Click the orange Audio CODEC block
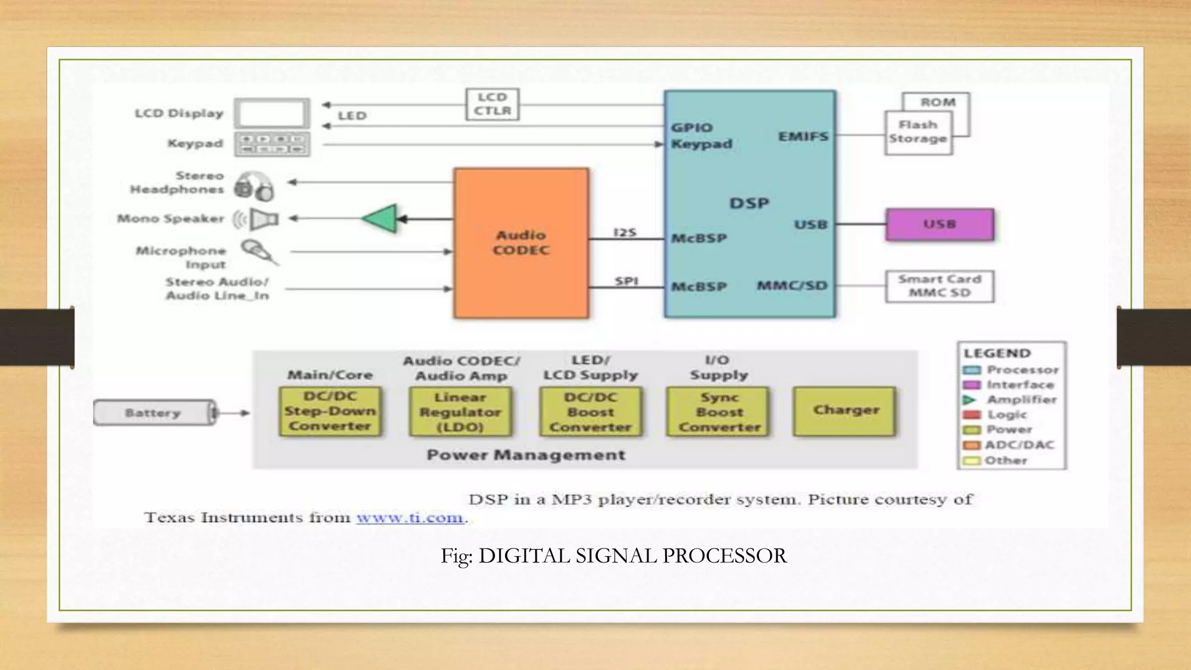click(x=521, y=243)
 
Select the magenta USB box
click(x=940, y=224)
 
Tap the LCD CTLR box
click(x=493, y=104)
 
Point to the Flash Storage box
click(x=918, y=133)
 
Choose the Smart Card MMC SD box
click(x=939, y=286)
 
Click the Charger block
click(x=845, y=411)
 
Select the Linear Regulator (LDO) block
click(x=460, y=412)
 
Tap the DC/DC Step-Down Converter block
click(x=330, y=411)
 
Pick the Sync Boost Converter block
click(x=719, y=412)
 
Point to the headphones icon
click(x=254, y=186)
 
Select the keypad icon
click(x=272, y=144)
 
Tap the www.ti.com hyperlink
click(x=410, y=517)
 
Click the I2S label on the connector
click(x=625, y=233)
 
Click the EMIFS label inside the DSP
click(x=803, y=137)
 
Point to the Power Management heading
click(x=526, y=455)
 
